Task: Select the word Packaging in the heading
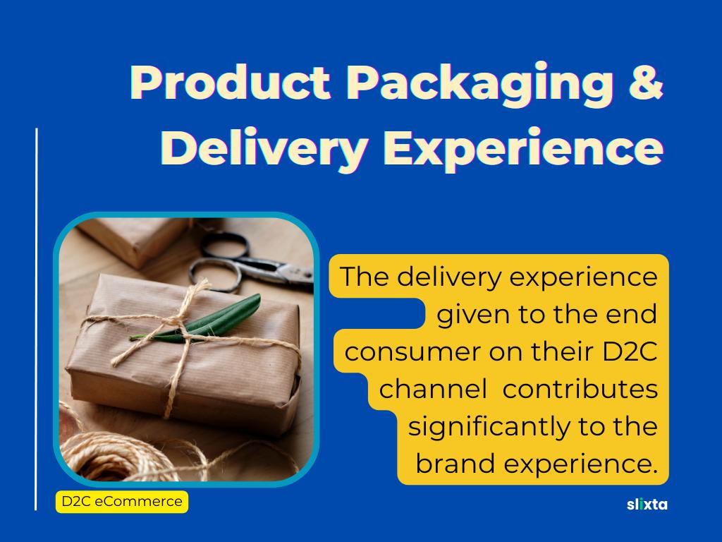click(480, 85)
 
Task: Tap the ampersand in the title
click(646, 82)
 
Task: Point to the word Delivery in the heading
click(264, 148)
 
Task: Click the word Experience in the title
click(524, 148)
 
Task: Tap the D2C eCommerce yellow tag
click(122, 502)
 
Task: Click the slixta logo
click(647, 504)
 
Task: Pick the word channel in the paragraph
click(433, 389)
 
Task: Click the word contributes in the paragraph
click(580, 389)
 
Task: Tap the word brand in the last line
click(455, 463)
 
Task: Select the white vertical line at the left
click(36, 320)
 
